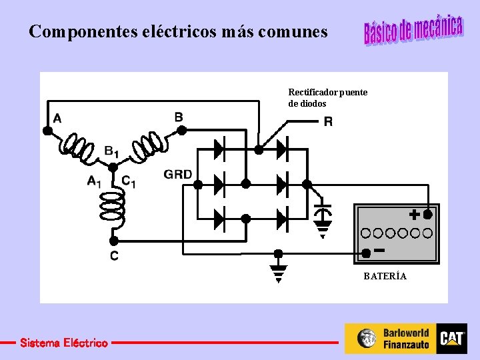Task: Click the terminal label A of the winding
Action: click(57, 119)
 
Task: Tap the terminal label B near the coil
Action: click(179, 117)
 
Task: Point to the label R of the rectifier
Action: click(328, 122)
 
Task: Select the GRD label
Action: click(178, 175)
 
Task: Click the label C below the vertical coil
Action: click(115, 256)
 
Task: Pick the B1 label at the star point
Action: click(111, 151)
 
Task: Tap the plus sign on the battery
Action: click(414, 215)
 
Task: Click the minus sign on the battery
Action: click(379, 250)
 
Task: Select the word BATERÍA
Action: click(385, 276)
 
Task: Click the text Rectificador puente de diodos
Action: click(327, 97)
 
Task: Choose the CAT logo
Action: click(452, 339)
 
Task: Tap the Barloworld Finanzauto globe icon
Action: click(367, 339)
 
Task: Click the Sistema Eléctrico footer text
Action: click(63, 343)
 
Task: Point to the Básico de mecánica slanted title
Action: click(413, 30)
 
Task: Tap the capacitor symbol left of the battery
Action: click(323, 213)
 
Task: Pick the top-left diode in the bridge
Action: click(218, 149)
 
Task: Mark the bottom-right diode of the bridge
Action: click(282, 217)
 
